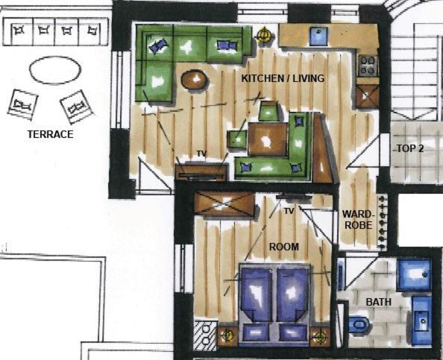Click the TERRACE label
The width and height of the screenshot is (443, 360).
pos(50,134)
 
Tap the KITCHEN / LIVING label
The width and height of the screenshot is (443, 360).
pos(283,78)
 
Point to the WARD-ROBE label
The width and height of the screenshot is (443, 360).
pos(358,219)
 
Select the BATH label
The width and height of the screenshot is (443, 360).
pos(379,302)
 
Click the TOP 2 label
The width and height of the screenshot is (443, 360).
pos(410,148)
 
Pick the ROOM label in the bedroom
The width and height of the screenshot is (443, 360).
pos(284,247)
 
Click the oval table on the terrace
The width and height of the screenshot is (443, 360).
pos(55,70)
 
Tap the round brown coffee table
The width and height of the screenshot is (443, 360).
pos(195,80)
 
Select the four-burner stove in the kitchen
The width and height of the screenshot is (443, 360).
pos(368,66)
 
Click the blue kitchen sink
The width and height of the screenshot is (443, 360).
pos(319,36)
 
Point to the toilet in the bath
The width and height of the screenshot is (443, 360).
pos(359,324)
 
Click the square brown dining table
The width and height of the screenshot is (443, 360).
pos(268,139)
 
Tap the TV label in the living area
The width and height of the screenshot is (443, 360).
pos(201,154)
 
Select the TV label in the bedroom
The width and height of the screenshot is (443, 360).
pos(289,211)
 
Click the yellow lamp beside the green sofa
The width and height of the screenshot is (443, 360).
pos(264,36)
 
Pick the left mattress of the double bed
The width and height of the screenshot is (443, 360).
pos(257,294)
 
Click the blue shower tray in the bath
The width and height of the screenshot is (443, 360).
pos(414,276)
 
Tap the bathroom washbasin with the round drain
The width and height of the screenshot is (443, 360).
pos(422,321)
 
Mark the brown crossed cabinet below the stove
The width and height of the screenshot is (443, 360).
pos(367,96)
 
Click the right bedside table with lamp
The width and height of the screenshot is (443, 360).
pos(320,336)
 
